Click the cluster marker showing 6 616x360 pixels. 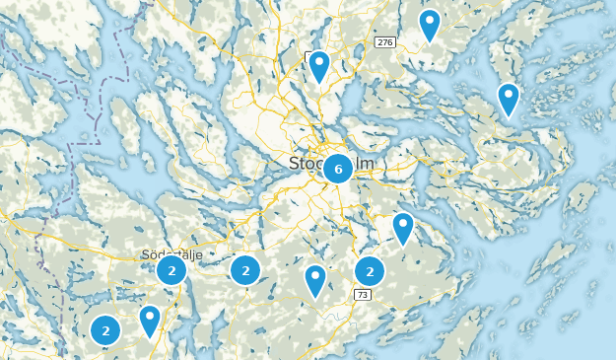click(x=338, y=170)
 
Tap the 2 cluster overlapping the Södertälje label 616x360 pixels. click(x=171, y=270)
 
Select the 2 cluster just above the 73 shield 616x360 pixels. click(x=370, y=270)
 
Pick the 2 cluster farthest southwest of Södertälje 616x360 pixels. click(x=105, y=330)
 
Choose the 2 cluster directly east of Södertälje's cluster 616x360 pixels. click(x=245, y=270)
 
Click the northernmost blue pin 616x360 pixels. click(x=429, y=24)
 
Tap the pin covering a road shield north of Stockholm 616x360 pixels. click(x=318, y=65)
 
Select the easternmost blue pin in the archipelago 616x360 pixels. click(x=508, y=99)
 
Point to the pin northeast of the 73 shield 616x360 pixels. click(x=403, y=227)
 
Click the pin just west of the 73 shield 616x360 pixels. click(x=315, y=280)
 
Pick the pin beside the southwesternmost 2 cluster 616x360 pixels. click(x=150, y=320)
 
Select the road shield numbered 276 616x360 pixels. click(x=384, y=42)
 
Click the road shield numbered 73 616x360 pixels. click(x=363, y=295)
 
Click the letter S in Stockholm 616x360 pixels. click(x=295, y=163)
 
